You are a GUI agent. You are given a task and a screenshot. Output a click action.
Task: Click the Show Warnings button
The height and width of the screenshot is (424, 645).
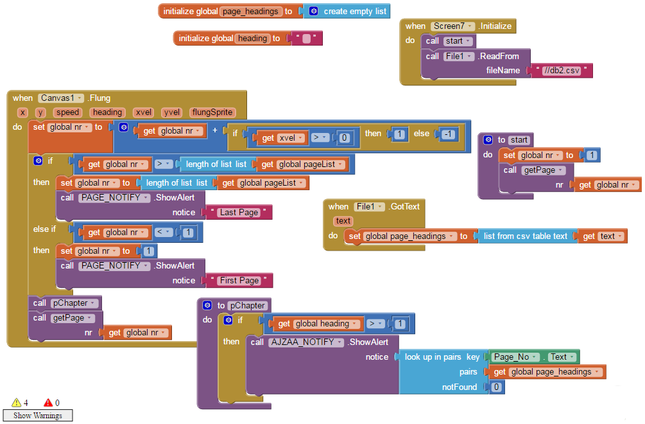click(38, 416)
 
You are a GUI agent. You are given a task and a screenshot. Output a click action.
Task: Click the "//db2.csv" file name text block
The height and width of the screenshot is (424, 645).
click(561, 71)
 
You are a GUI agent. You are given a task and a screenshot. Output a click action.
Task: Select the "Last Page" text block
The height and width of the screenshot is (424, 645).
click(239, 212)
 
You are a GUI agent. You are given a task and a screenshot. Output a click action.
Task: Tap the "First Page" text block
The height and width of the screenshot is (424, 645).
click(239, 280)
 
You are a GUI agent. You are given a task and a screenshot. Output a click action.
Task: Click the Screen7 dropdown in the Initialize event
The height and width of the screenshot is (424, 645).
click(452, 26)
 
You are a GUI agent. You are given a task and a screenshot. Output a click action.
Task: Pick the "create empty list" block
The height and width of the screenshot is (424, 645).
click(354, 11)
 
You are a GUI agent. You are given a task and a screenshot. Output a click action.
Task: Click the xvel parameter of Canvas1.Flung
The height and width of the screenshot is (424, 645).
click(143, 112)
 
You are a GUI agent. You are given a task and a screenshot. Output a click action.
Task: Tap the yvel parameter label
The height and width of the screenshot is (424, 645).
click(171, 112)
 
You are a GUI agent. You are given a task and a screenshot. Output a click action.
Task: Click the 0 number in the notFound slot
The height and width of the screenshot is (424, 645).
click(495, 387)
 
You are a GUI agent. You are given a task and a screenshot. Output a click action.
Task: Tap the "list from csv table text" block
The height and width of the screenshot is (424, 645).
click(525, 236)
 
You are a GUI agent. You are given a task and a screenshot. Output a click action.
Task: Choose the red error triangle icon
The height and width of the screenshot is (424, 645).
click(48, 403)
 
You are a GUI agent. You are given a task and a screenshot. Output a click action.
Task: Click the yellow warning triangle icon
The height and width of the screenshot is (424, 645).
click(16, 403)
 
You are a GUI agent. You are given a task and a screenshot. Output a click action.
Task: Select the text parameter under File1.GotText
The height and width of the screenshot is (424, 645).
click(343, 221)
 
